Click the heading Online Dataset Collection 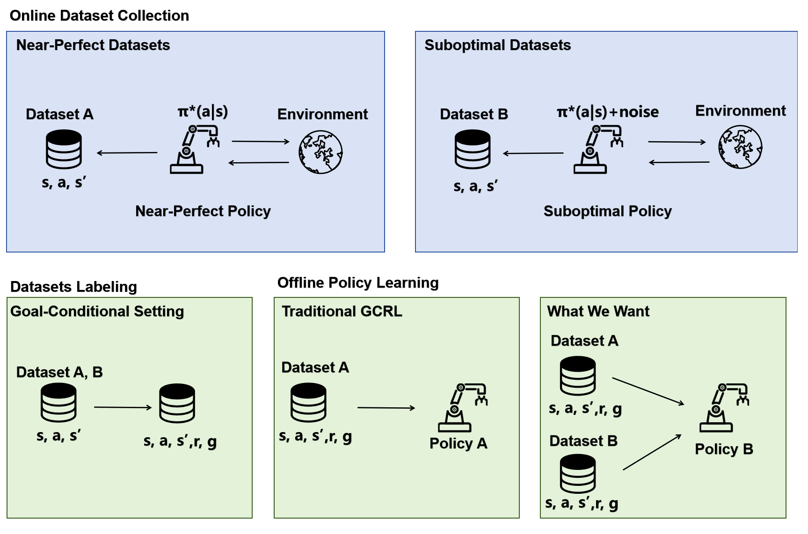click(x=99, y=15)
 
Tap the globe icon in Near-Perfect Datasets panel click(x=320, y=152)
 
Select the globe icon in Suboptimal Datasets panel click(x=740, y=147)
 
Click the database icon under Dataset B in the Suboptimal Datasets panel click(x=473, y=149)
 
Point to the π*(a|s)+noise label click(x=607, y=112)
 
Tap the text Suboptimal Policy click(x=607, y=211)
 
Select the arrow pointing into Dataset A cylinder click(x=127, y=152)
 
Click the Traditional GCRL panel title click(x=342, y=311)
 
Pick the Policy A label click(x=458, y=443)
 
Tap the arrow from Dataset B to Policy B click(x=652, y=452)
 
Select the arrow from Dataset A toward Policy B click(x=648, y=391)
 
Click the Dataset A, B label click(x=59, y=372)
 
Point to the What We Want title click(x=598, y=311)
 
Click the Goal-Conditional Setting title click(x=97, y=311)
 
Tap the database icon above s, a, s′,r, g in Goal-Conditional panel click(x=177, y=403)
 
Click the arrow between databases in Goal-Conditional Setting click(x=123, y=407)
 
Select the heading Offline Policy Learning click(x=358, y=283)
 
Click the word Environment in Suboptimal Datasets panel click(x=740, y=111)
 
